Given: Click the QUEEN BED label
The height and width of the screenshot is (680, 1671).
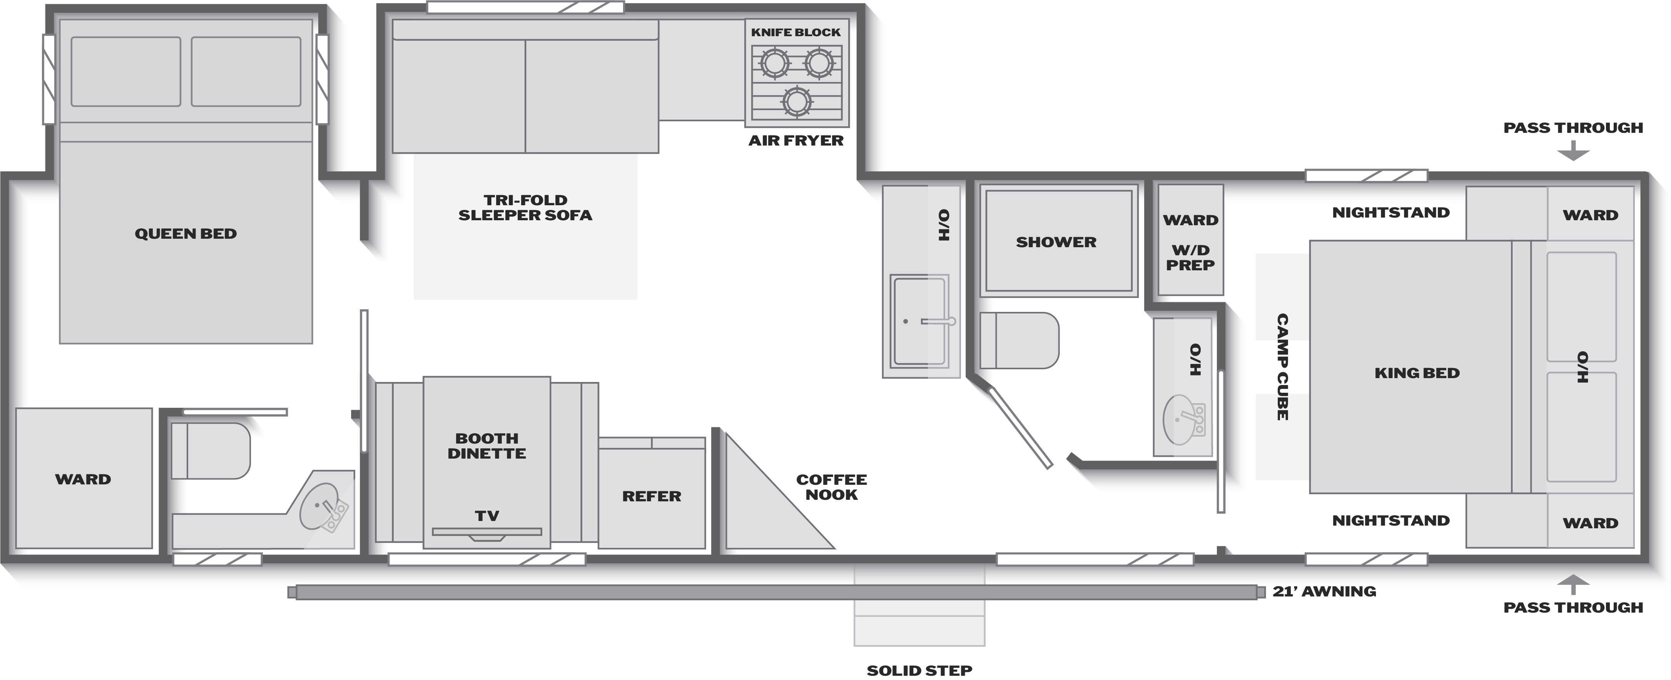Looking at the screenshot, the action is coord(185,234).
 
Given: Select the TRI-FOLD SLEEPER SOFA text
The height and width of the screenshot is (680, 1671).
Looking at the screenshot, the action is coord(525,208).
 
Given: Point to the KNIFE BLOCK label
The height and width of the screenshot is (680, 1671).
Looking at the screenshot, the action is coord(796,32).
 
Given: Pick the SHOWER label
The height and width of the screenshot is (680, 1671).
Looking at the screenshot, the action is coord(1056,242).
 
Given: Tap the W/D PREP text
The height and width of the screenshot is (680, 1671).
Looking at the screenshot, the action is coord(1190,258).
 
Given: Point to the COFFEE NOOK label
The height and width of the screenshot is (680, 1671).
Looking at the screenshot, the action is coord(832,487).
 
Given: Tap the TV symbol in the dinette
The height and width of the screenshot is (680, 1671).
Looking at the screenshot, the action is coord(487,532).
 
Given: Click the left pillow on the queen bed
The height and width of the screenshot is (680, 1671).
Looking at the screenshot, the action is coord(126,71).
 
